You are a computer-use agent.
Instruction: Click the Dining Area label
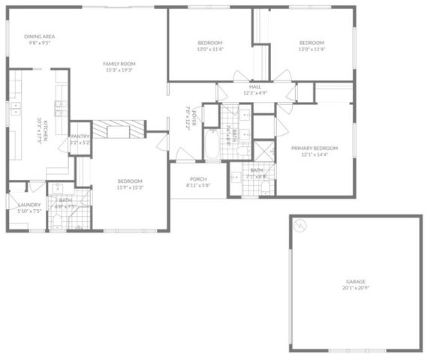pyautogui.click(x=39, y=36)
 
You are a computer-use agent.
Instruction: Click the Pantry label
pyautogui.click(x=80, y=136)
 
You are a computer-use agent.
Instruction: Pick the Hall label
pyautogui.click(x=255, y=86)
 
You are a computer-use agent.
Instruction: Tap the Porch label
pyautogui.click(x=198, y=178)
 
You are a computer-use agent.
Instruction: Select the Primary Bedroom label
pyautogui.click(x=315, y=148)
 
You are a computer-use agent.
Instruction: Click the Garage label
pyautogui.click(x=355, y=281)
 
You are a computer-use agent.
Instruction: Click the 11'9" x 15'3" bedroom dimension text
pyautogui.click(x=129, y=187)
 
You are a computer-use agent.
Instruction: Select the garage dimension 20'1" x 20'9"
pyautogui.click(x=355, y=288)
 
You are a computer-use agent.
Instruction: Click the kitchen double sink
pyautogui.click(x=14, y=109)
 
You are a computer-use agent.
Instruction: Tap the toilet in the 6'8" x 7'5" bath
pyautogui.click(x=58, y=220)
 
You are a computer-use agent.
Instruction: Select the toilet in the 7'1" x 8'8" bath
pyautogui.click(x=236, y=177)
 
